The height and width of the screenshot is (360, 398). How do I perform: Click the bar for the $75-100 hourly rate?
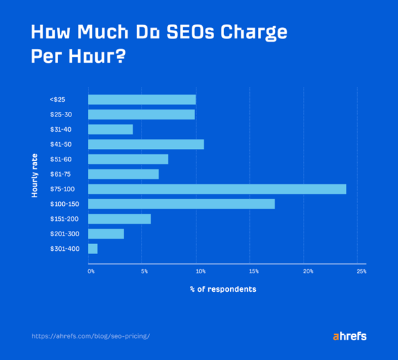coord(217,189)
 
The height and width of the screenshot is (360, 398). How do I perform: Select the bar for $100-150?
coord(181,204)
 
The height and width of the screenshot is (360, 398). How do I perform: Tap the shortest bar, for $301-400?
coord(93,249)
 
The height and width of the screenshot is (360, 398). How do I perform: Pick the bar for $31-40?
coord(110,129)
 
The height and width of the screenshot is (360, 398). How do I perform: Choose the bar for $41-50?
coord(145,144)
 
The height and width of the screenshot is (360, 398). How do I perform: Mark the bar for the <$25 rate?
coord(141,99)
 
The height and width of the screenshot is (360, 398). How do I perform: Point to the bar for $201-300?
coord(106,234)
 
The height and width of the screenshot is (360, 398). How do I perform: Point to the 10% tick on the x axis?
coord(200,271)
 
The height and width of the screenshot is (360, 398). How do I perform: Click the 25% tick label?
coord(361,271)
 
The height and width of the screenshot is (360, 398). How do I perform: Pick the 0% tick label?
coord(91,271)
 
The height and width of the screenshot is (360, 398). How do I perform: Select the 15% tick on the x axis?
coord(254,271)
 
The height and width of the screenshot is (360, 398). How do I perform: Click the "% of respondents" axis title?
coord(224,289)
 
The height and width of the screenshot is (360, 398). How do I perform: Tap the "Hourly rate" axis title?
coord(34,175)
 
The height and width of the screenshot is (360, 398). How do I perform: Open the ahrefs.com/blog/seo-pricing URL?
coord(91,336)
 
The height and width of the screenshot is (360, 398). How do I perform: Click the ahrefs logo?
coord(348,336)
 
